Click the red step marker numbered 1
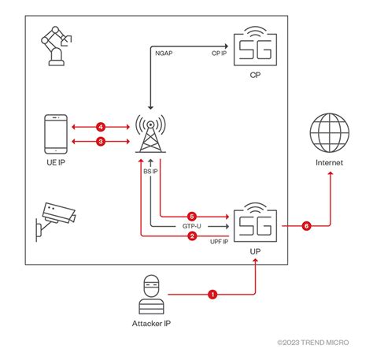(212, 295)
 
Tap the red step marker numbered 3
(100, 141)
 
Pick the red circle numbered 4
(100, 126)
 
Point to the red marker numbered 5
(191, 215)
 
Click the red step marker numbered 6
(305, 225)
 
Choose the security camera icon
(54, 218)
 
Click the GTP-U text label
(191, 225)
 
